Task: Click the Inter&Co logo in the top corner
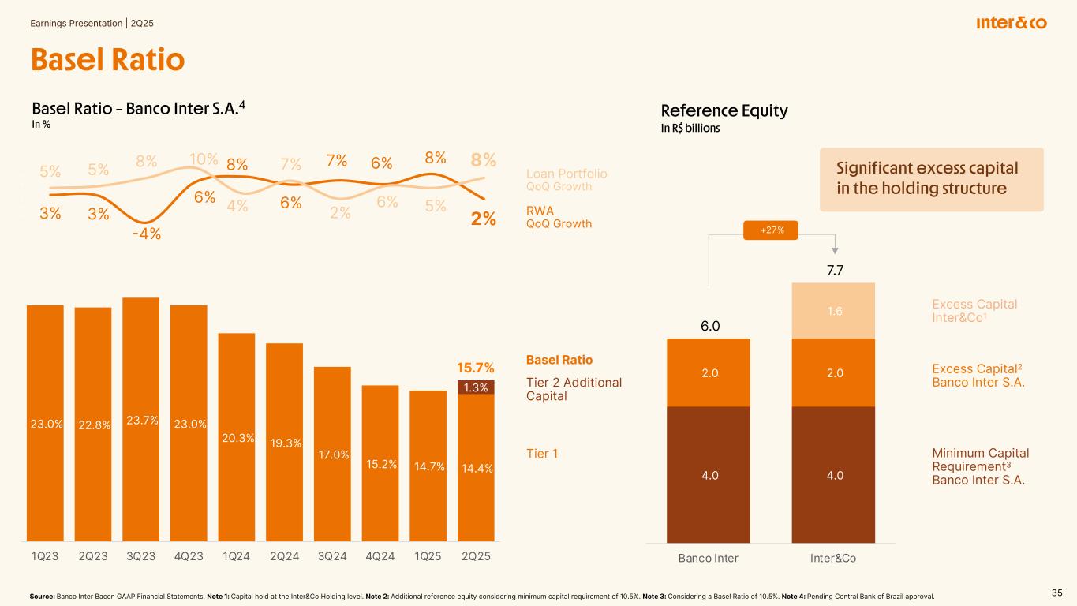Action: tap(1012, 24)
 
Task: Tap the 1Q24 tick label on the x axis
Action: tap(237, 557)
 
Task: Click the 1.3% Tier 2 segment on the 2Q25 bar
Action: tap(476, 387)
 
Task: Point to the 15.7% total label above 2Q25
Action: tap(476, 368)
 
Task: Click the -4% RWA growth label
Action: tap(146, 234)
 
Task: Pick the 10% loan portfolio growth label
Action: tap(204, 159)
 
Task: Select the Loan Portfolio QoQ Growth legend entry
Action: tap(567, 179)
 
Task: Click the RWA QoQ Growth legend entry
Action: tap(559, 217)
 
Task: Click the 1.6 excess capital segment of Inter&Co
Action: tap(833, 311)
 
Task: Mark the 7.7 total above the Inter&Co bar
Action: tap(833, 271)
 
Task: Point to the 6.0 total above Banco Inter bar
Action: tap(709, 326)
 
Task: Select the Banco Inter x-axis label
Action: tap(709, 558)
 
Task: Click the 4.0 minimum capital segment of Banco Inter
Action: tap(709, 475)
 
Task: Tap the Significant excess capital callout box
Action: tap(931, 179)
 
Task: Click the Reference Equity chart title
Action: tap(724, 111)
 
